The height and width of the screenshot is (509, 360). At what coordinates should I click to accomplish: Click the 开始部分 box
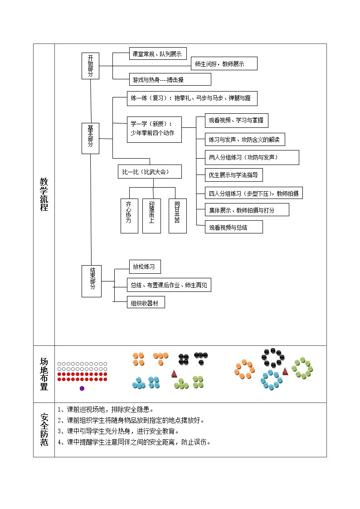click(x=90, y=66)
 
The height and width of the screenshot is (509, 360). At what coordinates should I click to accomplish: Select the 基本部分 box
click(x=90, y=138)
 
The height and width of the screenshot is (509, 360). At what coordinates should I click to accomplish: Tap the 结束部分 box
click(x=92, y=281)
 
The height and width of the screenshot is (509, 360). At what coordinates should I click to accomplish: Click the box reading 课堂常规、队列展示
click(x=158, y=53)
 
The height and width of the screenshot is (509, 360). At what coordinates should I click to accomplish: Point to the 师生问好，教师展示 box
click(x=224, y=63)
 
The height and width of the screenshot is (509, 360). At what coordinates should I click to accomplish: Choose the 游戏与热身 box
click(x=170, y=79)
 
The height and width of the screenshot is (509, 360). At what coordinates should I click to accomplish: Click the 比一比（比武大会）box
click(x=150, y=172)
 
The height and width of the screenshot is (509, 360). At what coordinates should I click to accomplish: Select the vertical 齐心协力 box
click(x=129, y=216)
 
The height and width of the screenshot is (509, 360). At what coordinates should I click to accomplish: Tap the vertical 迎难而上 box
click(x=151, y=216)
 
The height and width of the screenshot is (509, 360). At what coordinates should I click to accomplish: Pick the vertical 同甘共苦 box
click(x=178, y=216)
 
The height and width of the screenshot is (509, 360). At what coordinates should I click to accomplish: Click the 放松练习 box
click(x=145, y=267)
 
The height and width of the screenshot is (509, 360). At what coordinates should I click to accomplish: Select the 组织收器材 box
click(x=146, y=303)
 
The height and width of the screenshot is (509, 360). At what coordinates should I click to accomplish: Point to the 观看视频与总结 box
click(x=234, y=227)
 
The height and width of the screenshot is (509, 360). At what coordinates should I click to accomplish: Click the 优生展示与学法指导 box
click(x=234, y=175)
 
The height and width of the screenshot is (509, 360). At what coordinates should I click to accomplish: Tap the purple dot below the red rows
click(x=82, y=388)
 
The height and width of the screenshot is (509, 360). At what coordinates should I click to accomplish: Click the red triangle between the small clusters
click(x=174, y=374)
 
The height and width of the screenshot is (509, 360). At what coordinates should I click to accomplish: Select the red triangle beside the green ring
click(x=285, y=371)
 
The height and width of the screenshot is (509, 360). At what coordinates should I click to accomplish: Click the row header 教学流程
click(x=44, y=194)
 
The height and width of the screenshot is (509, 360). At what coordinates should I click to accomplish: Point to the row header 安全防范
click(x=44, y=430)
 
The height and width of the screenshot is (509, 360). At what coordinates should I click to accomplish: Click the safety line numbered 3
click(x=118, y=431)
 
